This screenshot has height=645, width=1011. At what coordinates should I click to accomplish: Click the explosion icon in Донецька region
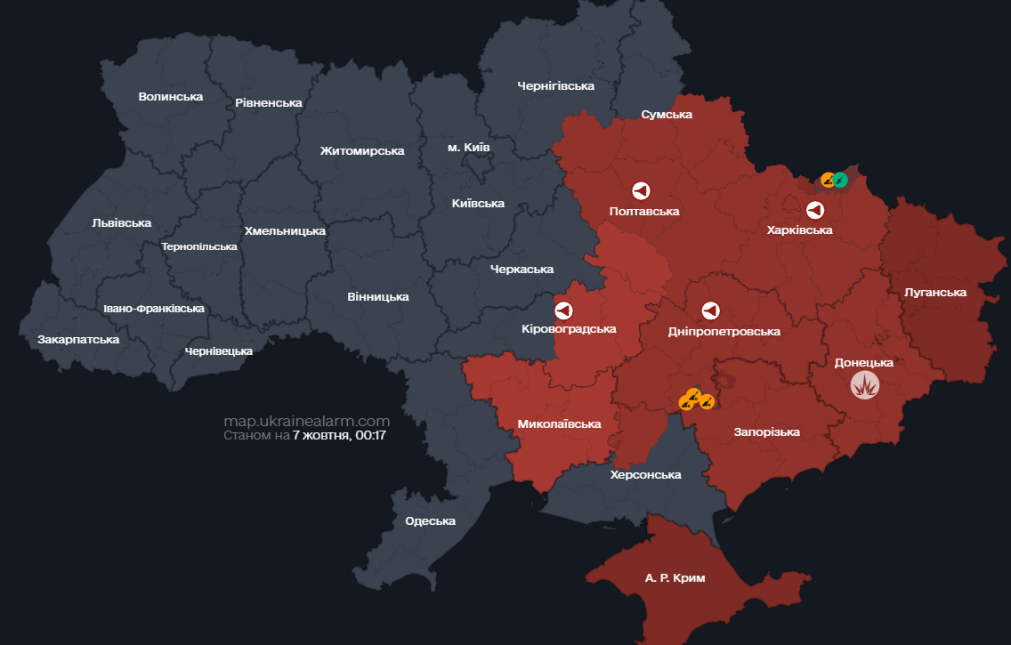pos(864,385)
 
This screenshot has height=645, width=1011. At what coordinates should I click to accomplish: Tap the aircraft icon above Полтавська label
pos(641,190)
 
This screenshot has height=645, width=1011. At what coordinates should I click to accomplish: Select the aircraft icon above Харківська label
pos(814,210)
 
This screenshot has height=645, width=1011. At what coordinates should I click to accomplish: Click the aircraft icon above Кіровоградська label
pos(563,310)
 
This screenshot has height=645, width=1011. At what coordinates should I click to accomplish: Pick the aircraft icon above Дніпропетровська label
pos(710,310)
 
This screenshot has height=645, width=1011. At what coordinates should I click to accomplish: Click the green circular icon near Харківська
pos(839,180)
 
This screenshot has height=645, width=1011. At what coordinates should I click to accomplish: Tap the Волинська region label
pos(171,96)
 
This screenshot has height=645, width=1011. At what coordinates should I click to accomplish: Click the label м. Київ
pos(468,146)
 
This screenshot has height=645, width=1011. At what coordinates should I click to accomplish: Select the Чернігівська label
pos(555,85)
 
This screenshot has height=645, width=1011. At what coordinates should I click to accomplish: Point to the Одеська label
pos(430,520)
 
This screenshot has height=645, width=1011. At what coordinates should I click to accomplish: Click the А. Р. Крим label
pos(675,578)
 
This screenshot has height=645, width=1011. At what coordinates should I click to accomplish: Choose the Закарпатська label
pos(78,340)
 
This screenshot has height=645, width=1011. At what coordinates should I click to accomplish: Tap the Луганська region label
pos(934,292)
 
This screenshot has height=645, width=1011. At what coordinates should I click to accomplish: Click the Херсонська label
pos(645,474)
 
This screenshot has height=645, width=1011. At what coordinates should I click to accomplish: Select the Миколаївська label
pos(559,424)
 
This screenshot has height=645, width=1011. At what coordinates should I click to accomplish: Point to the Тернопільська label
pos(199,246)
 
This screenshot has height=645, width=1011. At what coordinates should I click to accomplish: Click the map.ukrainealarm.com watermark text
pos(306,421)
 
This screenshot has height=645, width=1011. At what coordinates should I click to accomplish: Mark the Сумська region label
pos(667,114)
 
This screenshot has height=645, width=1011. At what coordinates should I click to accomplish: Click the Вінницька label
pos(378,296)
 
